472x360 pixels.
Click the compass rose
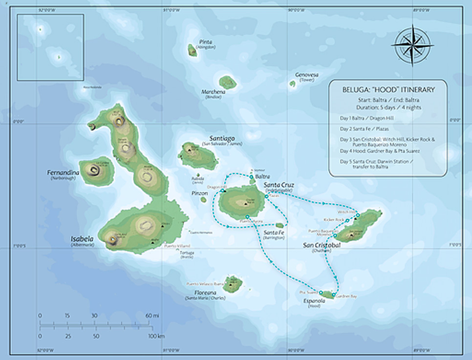(412, 45)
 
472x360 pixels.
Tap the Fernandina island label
(64, 172)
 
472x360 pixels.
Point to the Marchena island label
(214, 91)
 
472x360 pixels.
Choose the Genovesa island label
(306, 75)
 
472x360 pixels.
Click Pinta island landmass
(193, 50)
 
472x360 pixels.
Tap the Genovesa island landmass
(292, 84)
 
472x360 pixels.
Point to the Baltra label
(262, 176)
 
